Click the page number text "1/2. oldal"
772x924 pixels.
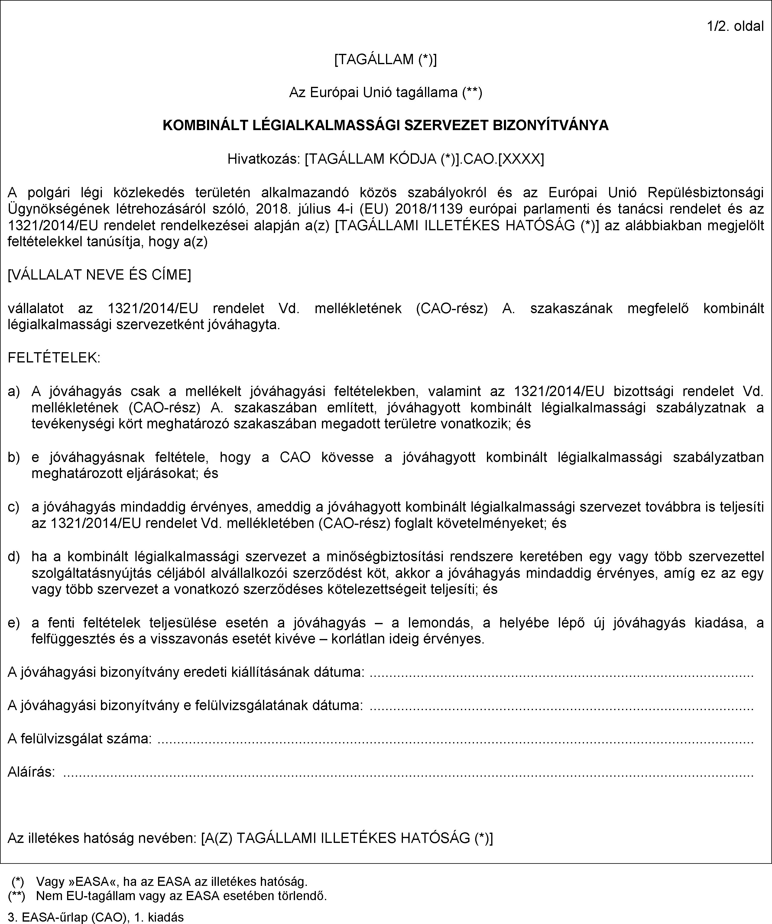(x=735, y=26)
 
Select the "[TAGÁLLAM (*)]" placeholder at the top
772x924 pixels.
(x=386, y=59)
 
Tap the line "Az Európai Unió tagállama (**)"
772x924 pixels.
(x=386, y=92)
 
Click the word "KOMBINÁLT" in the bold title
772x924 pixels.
(x=205, y=125)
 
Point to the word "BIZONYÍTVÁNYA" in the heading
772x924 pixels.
(x=550, y=125)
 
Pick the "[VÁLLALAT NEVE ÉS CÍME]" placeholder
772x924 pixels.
(x=99, y=275)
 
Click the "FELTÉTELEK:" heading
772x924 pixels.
(x=54, y=358)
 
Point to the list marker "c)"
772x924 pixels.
(x=14, y=507)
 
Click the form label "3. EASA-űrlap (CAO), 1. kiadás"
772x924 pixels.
(x=96, y=917)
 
